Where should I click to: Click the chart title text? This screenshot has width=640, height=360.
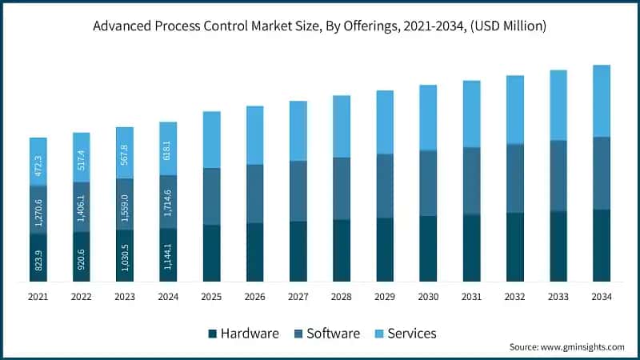[x=320, y=26]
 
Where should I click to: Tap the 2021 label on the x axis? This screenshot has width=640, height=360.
[x=38, y=297]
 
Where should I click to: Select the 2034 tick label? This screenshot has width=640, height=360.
[x=601, y=297]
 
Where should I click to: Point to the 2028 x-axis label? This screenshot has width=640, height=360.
[x=341, y=297]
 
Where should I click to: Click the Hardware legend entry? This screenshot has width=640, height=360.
[x=243, y=333]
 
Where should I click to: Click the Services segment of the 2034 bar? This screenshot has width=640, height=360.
[x=601, y=101]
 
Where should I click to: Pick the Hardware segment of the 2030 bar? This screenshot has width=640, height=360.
[x=428, y=249]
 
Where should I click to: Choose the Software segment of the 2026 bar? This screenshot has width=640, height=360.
[x=254, y=194]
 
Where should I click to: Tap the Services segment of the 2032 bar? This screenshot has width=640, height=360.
[x=514, y=110]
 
